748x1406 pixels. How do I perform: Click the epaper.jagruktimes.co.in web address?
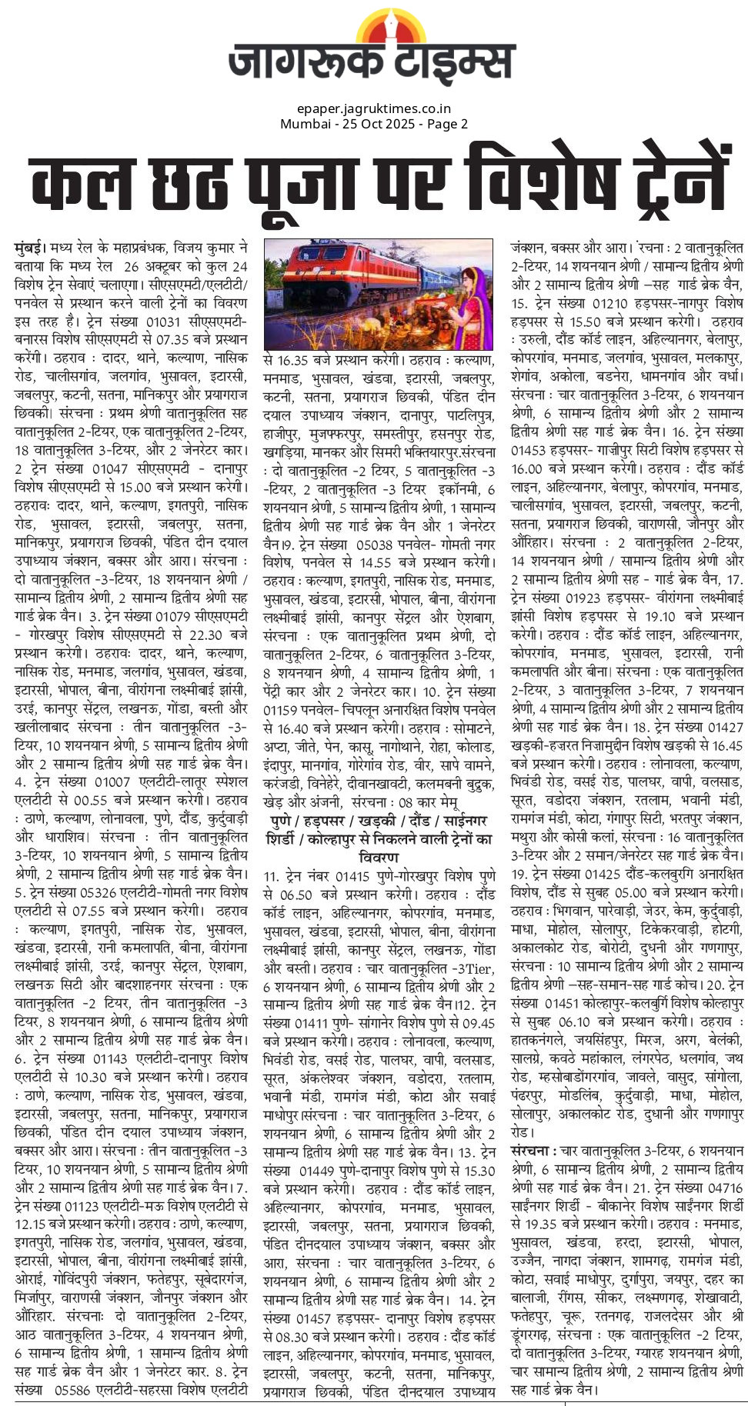click(x=373, y=109)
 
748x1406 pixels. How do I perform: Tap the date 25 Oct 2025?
click(x=378, y=124)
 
